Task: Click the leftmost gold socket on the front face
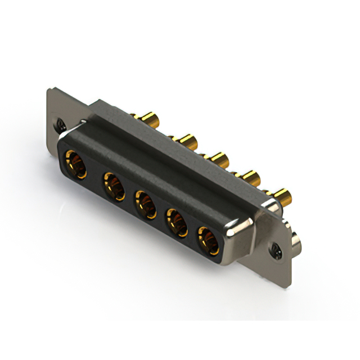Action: (76, 164)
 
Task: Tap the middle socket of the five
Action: (145, 204)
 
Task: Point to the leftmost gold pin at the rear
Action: (148, 119)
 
